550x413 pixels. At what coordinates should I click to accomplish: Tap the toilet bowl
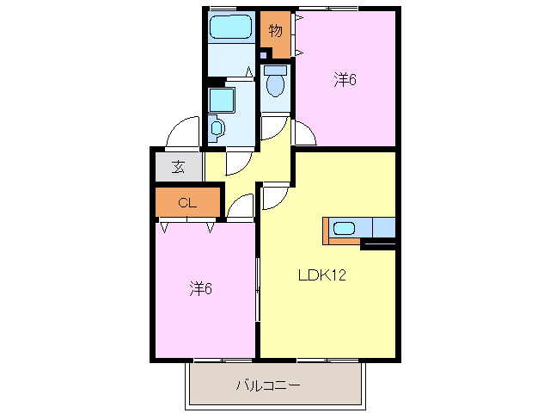pos(275,83)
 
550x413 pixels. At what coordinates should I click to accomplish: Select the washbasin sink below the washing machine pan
pos(217,128)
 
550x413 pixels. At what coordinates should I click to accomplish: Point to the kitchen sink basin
pos(344,229)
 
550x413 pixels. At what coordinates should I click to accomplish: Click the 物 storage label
pos(275,32)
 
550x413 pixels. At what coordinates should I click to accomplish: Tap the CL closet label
pos(187,203)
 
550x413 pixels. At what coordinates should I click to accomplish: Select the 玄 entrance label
pos(178,167)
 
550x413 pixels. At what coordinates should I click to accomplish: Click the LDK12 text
pos(321,276)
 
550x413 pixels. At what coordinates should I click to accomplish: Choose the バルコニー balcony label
pos(268,385)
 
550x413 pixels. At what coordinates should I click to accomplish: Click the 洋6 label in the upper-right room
pos(345,80)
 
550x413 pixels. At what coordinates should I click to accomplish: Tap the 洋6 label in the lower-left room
pos(201,288)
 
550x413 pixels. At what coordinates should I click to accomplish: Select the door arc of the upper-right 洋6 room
pos(305,133)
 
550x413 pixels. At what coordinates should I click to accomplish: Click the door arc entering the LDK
pos(274,197)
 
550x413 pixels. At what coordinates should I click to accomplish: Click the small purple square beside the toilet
pos(264,54)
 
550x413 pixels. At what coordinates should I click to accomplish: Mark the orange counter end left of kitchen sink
pos(327,231)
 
